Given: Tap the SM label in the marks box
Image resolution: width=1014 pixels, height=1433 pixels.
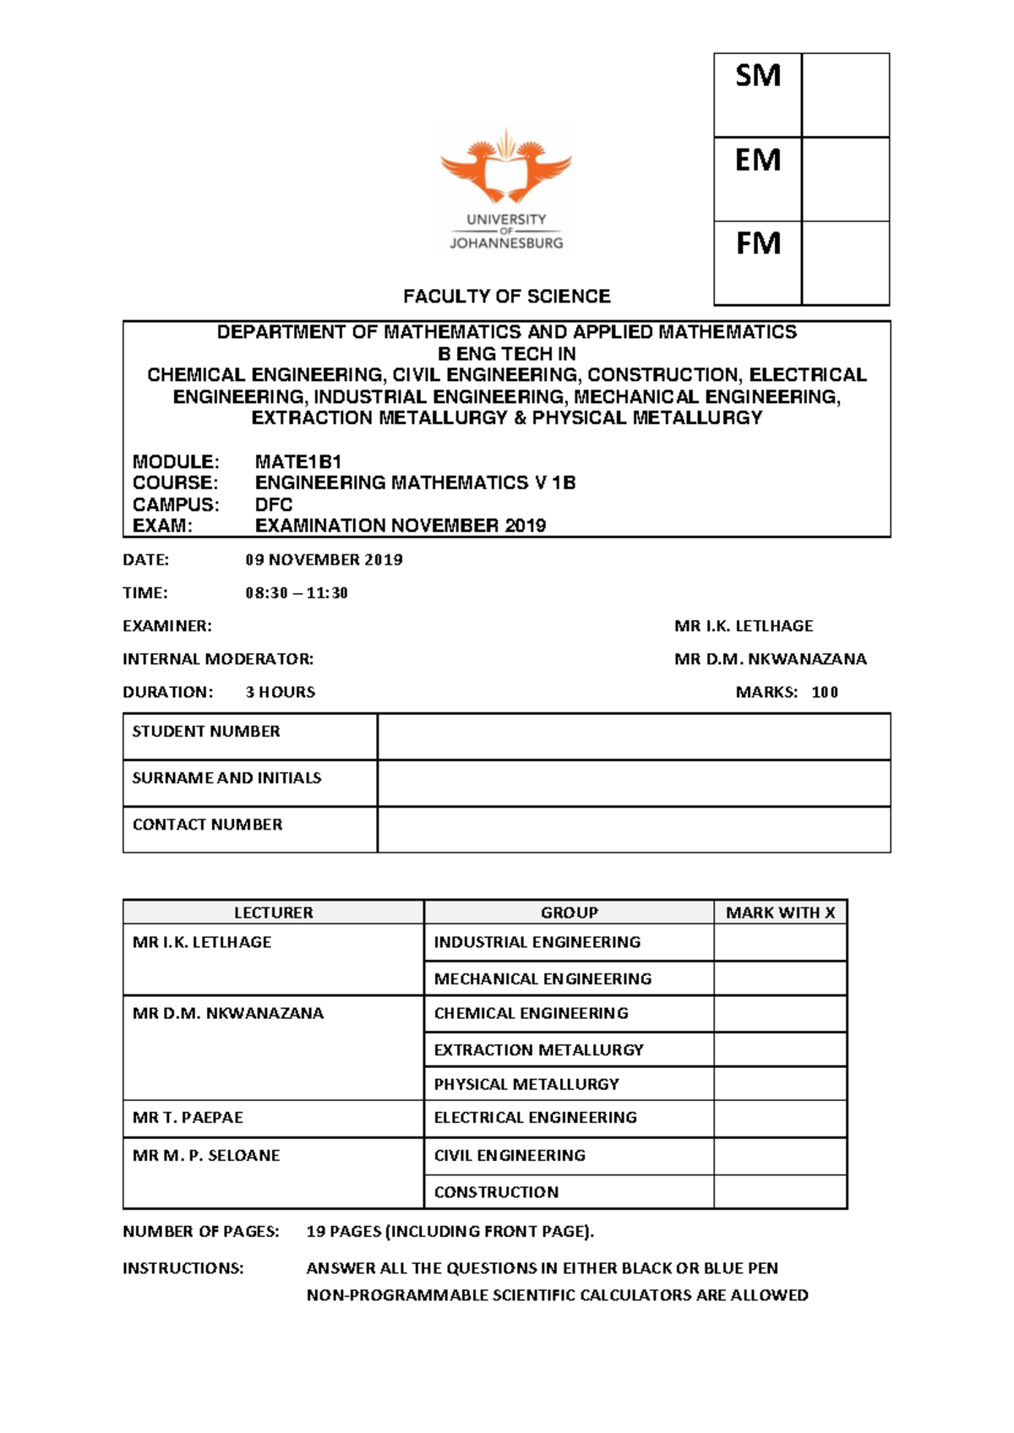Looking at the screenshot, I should [x=757, y=77].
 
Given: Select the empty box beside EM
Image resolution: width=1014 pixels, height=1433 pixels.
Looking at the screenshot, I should [x=845, y=179].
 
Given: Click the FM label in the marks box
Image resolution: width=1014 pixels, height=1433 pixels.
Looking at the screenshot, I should [x=757, y=244].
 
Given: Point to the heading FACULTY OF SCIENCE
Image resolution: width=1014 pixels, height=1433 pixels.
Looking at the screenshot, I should [x=506, y=297].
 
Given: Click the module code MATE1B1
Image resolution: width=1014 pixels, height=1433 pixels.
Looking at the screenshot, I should [x=297, y=462].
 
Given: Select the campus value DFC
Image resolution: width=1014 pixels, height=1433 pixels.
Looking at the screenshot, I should [x=274, y=504].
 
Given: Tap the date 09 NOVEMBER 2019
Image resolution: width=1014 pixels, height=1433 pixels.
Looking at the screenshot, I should [x=324, y=559].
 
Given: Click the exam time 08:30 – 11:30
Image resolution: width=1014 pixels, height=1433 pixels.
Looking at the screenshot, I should [x=297, y=593].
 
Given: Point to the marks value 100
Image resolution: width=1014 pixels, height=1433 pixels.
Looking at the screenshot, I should [x=825, y=693].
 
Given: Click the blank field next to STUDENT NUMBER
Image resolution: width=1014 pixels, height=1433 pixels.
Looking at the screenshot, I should [x=634, y=736].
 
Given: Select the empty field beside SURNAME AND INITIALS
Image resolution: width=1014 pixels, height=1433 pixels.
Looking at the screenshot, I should [x=634, y=782].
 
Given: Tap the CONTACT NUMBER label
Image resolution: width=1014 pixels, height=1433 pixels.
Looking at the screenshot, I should [x=207, y=825].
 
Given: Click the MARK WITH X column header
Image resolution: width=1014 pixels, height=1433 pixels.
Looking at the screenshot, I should [x=780, y=913].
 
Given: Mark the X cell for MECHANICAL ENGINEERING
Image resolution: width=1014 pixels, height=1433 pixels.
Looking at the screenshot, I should [x=780, y=978].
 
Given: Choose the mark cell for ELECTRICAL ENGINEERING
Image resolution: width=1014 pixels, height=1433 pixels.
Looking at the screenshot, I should [x=780, y=1118].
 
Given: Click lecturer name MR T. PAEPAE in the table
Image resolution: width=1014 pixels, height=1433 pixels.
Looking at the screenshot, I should [x=188, y=1118].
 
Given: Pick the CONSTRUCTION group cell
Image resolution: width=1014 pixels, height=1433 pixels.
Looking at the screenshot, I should [x=496, y=1192].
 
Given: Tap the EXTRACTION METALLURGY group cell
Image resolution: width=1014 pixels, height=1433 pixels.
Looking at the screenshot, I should [x=538, y=1050].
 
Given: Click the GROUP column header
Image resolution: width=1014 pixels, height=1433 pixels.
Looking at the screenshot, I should [x=569, y=913].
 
